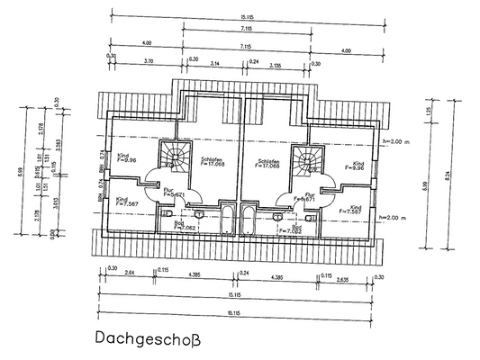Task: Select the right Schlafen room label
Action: (269, 161)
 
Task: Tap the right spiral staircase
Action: (309, 157)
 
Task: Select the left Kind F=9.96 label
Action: (125, 157)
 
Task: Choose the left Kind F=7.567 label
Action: (126, 202)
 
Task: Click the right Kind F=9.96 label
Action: (352, 165)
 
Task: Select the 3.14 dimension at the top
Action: (214, 62)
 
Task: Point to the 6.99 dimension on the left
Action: (22, 171)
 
